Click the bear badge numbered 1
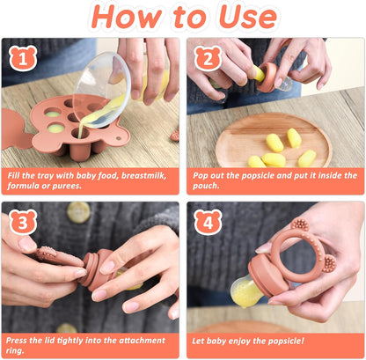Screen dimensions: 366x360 point(23,58)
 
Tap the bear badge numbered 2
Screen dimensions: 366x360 point(208,58)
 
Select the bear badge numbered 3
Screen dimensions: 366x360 point(23,222)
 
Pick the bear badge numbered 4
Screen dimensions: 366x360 point(208,222)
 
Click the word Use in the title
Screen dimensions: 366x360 point(248,17)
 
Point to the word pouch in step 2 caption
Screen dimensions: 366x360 point(206,186)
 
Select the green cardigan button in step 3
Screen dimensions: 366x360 point(78,212)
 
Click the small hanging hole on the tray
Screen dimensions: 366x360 point(119,138)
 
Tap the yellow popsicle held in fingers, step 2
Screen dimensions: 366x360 point(259,73)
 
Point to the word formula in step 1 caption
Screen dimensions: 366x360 point(22,186)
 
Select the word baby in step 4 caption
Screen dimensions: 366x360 point(216,341)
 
